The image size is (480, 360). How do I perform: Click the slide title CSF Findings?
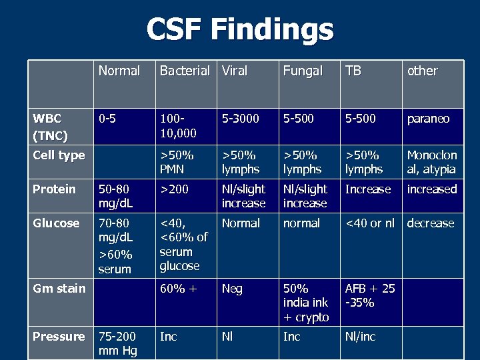click(239, 29)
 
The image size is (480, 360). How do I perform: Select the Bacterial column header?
click(185, 71)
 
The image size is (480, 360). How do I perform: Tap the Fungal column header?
click(303, 71)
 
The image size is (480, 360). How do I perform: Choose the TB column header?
click(353, 71)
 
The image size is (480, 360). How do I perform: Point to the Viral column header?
click(235, 71)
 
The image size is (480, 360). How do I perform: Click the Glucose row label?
click(55, 223)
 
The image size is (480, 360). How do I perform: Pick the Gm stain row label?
click(59, 289)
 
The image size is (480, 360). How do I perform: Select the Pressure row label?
click(59, 337)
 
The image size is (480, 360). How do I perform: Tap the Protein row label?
click(54, 189)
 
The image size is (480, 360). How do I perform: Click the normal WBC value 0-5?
click(108, 119)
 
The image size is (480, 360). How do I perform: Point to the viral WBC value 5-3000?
click(241, 119)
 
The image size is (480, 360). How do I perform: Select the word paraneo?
click(428, 119)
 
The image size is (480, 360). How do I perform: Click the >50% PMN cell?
click(177, 162)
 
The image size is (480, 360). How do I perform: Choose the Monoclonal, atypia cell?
click(432, 162)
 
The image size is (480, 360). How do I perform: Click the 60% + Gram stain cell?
click(179, 289)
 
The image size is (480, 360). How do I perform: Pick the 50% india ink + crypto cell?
click(306, 303)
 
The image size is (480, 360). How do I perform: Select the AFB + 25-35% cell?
click(370, 295)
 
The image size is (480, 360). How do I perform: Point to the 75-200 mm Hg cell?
click(117, 343)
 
